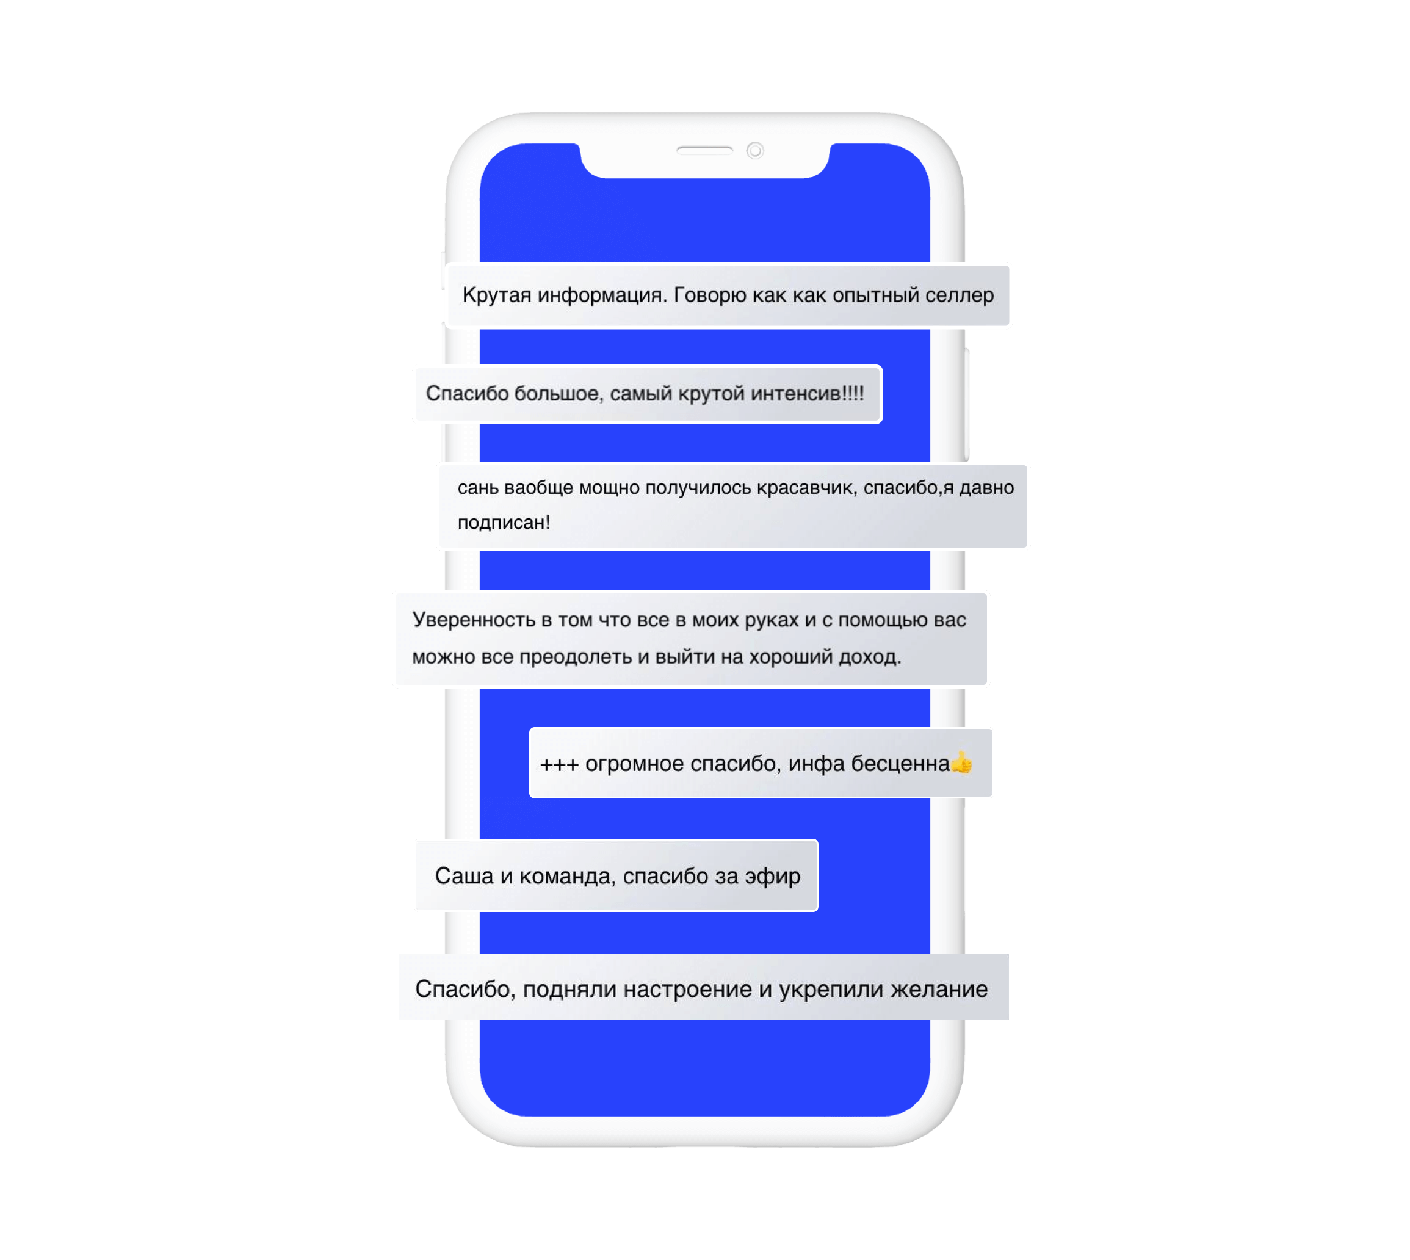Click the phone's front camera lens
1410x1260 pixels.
754,150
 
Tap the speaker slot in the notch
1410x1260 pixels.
704,150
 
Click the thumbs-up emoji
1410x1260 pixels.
961,763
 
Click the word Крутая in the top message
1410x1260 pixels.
496,295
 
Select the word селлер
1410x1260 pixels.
960,295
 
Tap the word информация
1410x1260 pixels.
602,295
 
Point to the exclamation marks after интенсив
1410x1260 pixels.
853,393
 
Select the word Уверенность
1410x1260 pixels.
474,620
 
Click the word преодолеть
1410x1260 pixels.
575,656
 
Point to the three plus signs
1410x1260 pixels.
559,764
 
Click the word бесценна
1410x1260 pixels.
900,764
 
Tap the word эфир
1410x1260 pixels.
773,877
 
